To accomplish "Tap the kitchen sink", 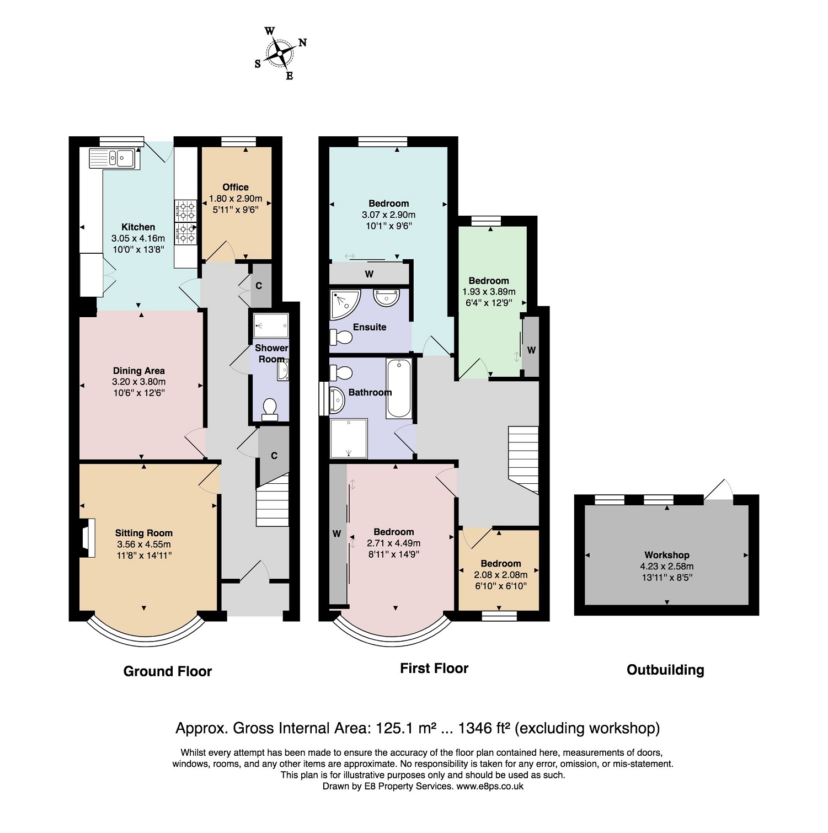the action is (115, 158).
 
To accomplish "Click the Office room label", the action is (236, 187).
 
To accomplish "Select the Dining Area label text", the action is (139, 371).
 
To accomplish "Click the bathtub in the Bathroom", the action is (399, 388).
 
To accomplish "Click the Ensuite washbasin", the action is (386, 297).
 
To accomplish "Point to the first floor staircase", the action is (523, 460).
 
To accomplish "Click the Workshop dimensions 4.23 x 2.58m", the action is (667, 566).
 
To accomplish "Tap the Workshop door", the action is (718, 490).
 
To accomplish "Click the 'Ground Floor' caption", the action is (168, 671).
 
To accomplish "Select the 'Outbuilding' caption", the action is (665, 670).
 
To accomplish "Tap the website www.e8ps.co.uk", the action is (490, 786).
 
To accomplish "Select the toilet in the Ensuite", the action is (341, 337).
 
